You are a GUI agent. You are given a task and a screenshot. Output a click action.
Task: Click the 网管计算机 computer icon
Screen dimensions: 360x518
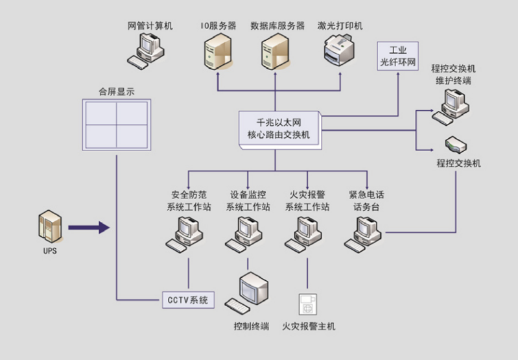pyautogui.click(x=150, y=49)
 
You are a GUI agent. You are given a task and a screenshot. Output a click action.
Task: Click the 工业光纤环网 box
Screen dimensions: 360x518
pyautogui.click(x=397, y=56)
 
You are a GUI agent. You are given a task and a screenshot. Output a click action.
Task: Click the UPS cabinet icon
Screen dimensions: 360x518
pyautogui.click(x=50, y=228)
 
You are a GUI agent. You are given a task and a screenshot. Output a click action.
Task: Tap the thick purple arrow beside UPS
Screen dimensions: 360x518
pyautogui.click(x=88, y=227)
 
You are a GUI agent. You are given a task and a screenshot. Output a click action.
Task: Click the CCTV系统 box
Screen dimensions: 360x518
pyautogui.click(x=187, y=300)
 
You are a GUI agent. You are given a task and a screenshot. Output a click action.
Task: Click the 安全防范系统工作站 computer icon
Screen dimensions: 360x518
pyautogui.click(x=187, y=232)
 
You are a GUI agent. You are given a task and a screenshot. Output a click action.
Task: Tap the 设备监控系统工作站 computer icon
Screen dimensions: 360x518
pyautogui.click(x=247, y=232)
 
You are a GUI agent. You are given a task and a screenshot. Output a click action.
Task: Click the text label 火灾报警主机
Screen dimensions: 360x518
pyautogui.click(x=309, y=326)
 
